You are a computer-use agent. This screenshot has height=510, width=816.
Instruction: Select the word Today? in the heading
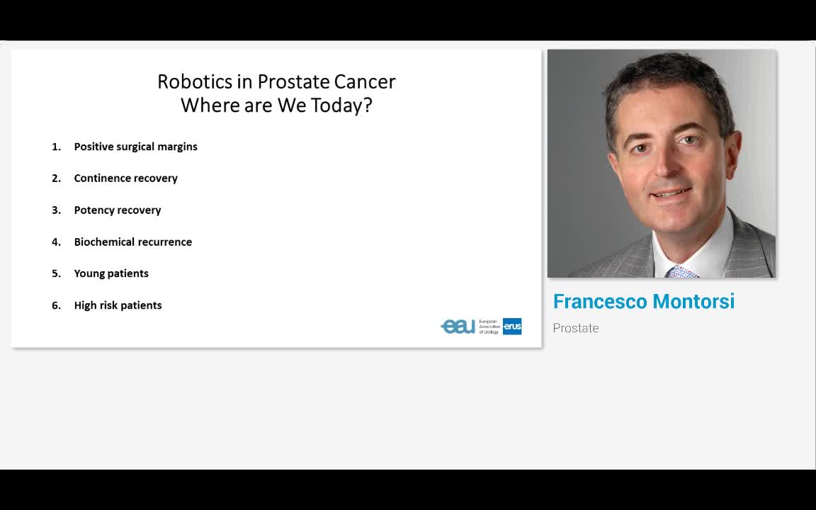(341, 106)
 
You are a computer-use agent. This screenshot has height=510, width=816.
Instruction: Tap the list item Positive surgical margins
(136, 147)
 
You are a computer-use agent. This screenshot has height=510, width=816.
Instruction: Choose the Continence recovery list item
(126, 178)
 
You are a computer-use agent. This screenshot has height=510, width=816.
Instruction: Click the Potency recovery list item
(118, 210)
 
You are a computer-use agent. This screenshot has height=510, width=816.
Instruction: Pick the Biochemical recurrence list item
(132, 242)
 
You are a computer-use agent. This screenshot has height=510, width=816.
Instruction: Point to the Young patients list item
(111, 273)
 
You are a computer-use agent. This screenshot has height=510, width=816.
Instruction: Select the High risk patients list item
(118, 305)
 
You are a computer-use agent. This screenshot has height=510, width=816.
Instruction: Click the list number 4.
(56, 242)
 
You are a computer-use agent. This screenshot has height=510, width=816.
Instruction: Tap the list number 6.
(56, 305)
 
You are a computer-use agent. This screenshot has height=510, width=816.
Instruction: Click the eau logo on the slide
(458, 327)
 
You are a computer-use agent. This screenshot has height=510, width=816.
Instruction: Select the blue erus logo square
(512, 327)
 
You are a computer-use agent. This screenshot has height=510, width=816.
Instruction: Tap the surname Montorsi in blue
(693, 301)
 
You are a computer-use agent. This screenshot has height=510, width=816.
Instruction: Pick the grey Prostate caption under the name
(576, 329)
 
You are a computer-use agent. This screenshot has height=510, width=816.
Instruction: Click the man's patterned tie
(681, 272)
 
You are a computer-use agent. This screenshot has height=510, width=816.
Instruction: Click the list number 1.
(56, 147)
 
